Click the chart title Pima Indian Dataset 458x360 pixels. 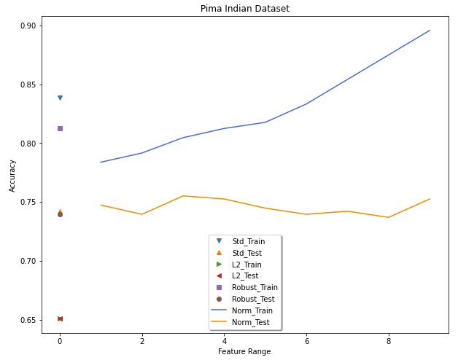point(245,9)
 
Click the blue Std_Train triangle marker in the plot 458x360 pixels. point(61,98)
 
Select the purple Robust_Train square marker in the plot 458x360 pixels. point(61,129)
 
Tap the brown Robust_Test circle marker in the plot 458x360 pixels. point(61,215)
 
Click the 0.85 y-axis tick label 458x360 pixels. point(28,85)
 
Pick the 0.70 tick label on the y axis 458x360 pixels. point(28,261)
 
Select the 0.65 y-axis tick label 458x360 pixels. point(28,320)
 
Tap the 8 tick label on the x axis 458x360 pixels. point(389,341)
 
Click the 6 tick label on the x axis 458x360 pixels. point(307,341)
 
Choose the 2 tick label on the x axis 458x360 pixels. point(142,341)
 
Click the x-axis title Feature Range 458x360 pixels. point(244,351)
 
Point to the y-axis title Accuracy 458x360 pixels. point(12,176)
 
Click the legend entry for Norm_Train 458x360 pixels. point(242,310)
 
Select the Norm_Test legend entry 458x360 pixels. point(240,322)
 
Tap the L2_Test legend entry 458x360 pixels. point(237,276)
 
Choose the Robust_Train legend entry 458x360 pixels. point(247,288)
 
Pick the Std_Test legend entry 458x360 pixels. point(239,253)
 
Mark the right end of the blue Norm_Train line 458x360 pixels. point(430,30)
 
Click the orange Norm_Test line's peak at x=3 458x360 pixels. point(183,196)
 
